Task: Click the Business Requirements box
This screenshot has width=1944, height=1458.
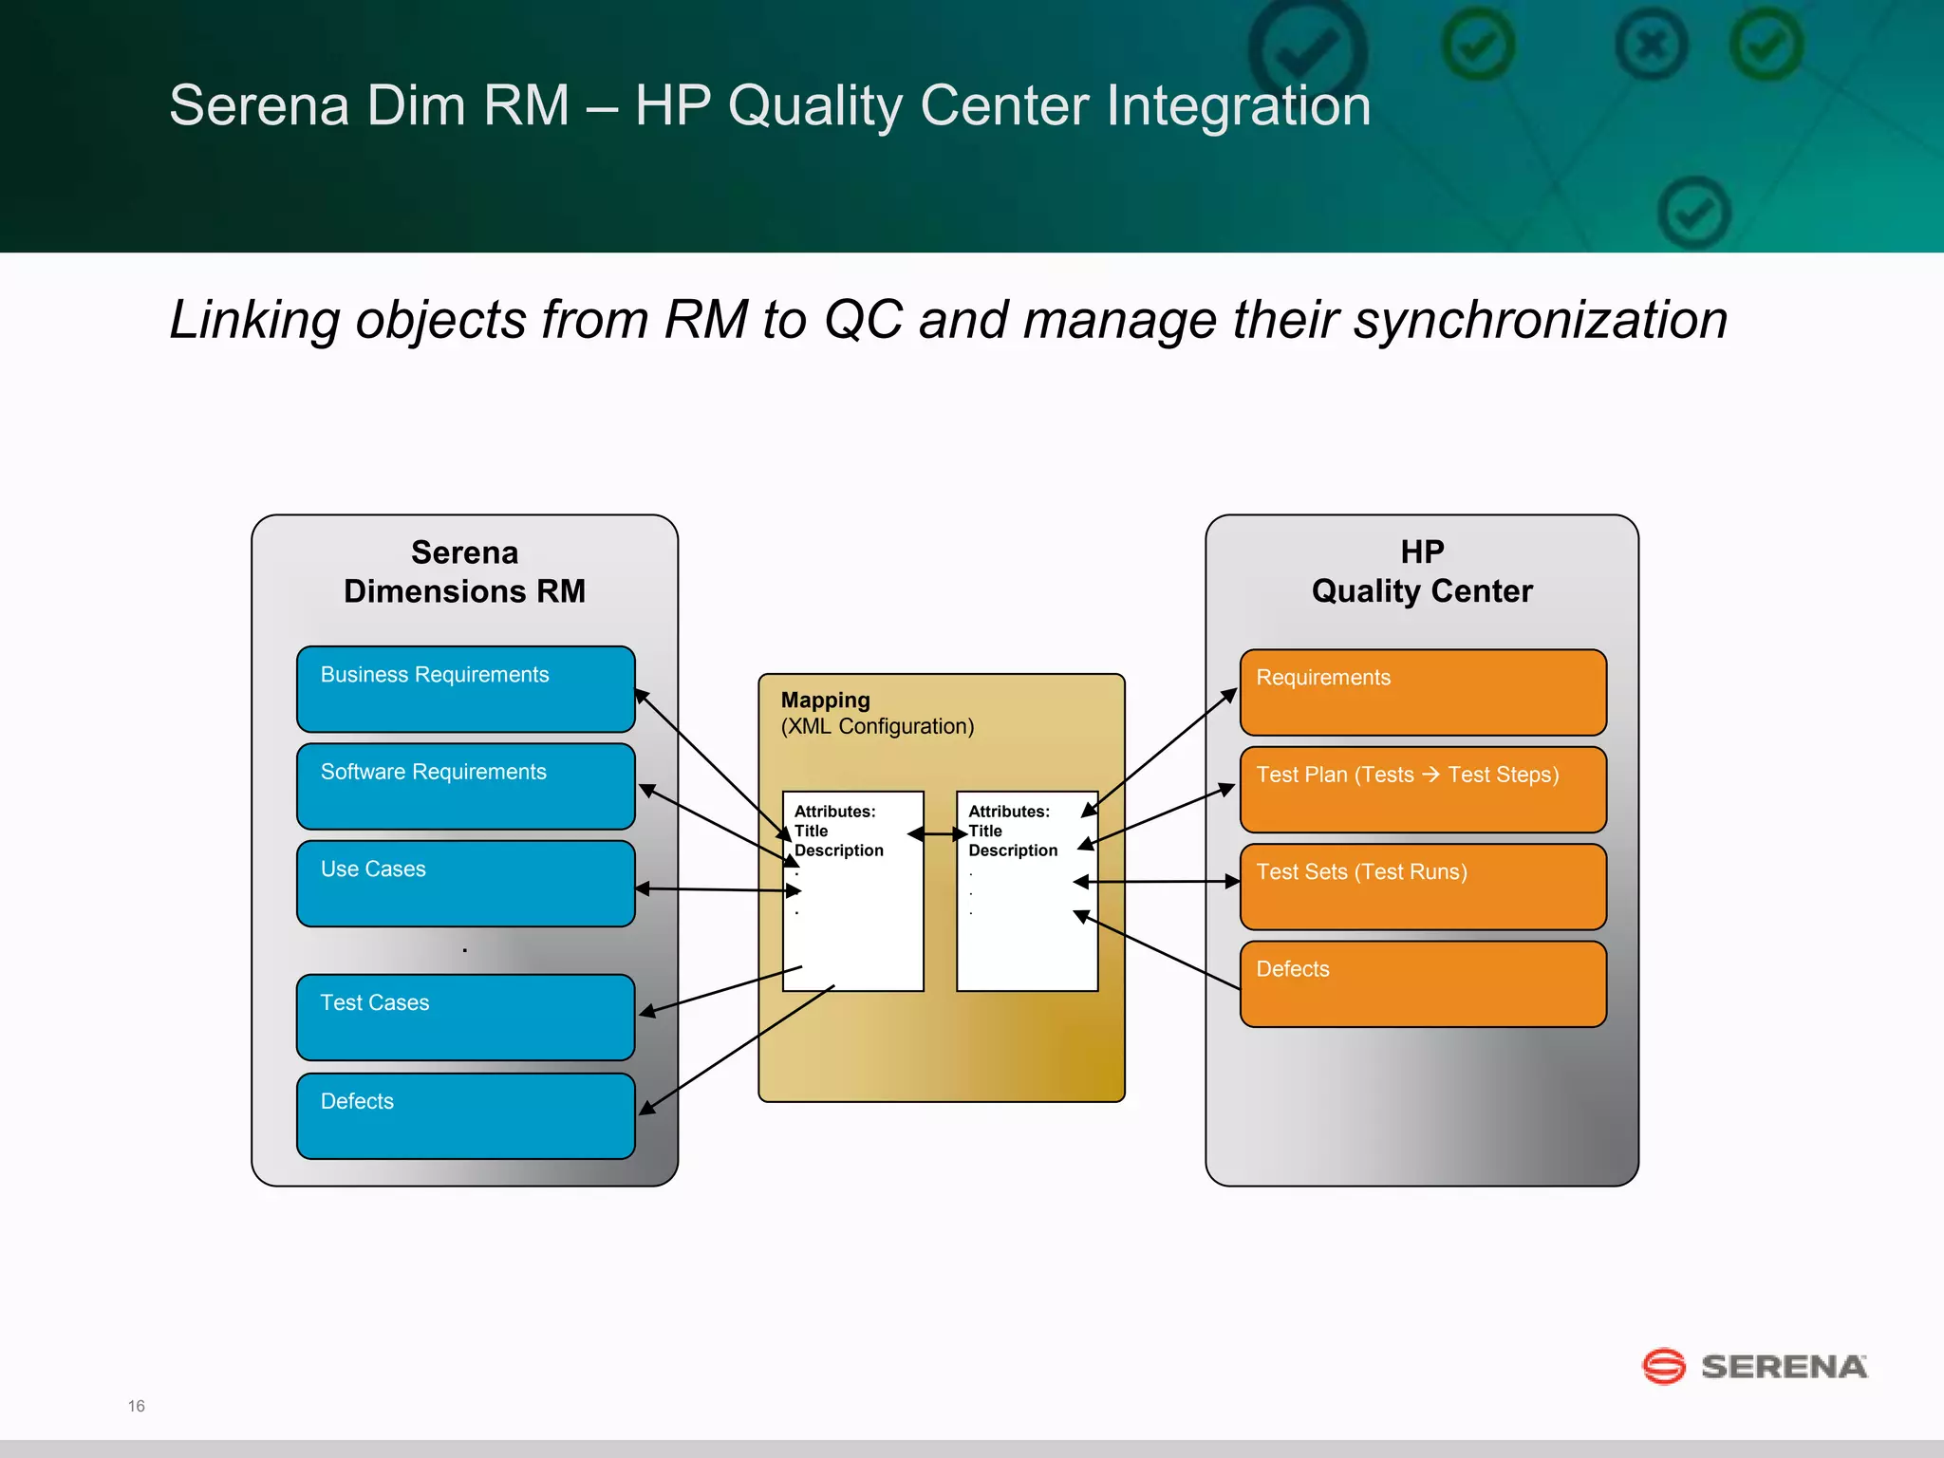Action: [465, 689]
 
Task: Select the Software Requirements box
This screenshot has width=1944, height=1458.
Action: [465, 786]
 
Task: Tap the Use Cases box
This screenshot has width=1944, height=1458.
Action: [465, 884]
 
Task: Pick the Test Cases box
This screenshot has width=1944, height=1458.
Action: [465, 1018]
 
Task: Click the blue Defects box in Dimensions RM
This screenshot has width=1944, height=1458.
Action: [465, 1116]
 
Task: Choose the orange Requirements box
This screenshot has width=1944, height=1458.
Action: [1422, 692]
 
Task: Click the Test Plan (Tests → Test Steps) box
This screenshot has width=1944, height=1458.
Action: [1422, 790]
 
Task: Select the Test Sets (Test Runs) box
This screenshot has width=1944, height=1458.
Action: [1422, 887]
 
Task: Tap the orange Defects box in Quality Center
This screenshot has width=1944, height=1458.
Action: [1422, 984]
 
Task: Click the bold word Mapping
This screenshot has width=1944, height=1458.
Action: [825, 701]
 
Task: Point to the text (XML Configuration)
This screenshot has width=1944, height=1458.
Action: [877, 727]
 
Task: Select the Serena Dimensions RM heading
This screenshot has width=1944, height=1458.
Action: [464, 571]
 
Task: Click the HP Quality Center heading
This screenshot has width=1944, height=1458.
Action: [1421, 571]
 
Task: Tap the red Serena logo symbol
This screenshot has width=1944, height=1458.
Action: [1663, 1367]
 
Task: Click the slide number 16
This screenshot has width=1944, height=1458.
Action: [136, 1406]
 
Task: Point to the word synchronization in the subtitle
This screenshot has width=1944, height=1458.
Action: [1540, 320]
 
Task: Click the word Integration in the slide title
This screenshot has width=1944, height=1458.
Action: [1238, 105]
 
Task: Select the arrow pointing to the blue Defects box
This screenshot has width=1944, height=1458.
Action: [738, 1049]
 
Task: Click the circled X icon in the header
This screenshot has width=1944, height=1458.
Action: [1651, 45]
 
